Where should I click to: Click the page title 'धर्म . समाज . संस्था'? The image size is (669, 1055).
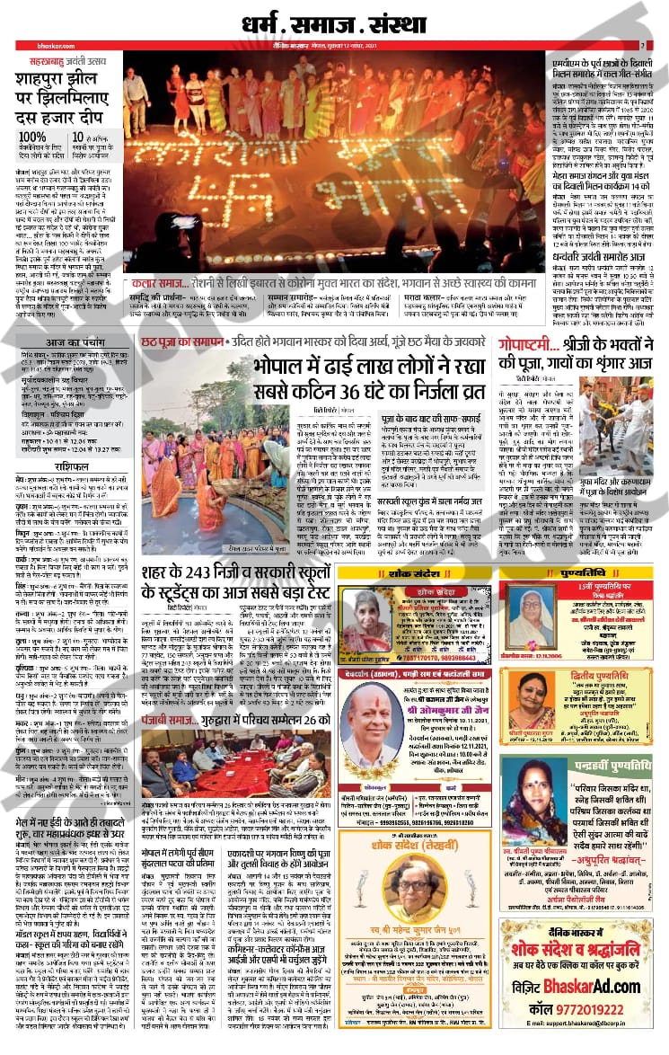click(x=333, y=19)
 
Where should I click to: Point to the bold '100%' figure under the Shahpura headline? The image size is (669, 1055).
click(x=32, y=137)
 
